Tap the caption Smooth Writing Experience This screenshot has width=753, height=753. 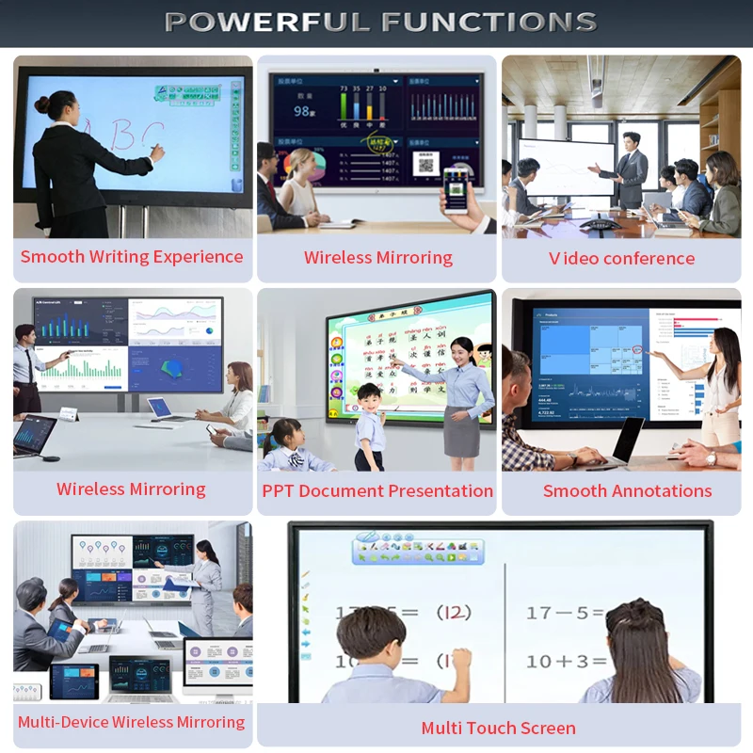132,257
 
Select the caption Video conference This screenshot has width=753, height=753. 622,258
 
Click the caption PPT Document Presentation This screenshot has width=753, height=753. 377,491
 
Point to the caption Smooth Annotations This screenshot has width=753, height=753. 627,491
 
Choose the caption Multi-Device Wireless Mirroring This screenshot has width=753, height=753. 131,723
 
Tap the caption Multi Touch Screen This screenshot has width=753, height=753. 498,729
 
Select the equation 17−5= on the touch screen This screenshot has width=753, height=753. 565,613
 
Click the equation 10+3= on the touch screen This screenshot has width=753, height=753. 565,661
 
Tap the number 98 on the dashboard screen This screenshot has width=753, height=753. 302,111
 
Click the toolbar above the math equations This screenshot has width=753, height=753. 418,550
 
